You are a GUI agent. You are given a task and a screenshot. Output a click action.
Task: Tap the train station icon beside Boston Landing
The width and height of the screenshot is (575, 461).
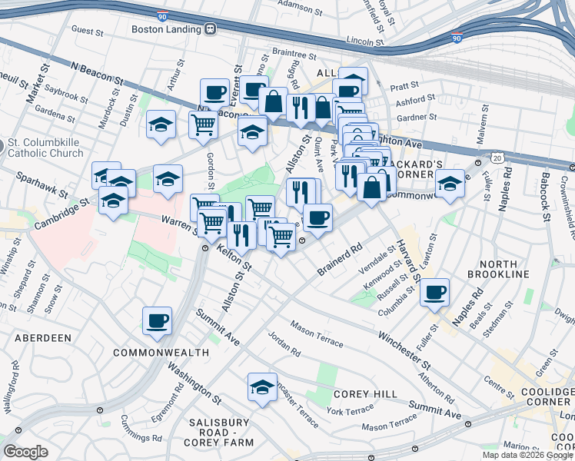[x=210, y=29]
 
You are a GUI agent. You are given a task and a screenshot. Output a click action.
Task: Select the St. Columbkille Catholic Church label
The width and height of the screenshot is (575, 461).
[x=45, y=148]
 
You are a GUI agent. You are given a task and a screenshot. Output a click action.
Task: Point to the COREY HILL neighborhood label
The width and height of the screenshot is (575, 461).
[x=365, y=394]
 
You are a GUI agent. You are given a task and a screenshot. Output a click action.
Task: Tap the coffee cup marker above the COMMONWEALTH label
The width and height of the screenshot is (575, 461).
[x=157, y=320]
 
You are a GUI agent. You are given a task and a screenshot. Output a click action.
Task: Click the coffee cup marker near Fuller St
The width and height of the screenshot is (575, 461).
[x=435, y=292]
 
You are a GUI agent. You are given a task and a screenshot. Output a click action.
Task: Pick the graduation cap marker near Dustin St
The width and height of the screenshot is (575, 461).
[x=161, y=127]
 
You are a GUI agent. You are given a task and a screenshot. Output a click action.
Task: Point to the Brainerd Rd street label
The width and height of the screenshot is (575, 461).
[x=339, y=261]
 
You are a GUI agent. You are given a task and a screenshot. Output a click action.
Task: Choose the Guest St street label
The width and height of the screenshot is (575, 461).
[x=87, y=32]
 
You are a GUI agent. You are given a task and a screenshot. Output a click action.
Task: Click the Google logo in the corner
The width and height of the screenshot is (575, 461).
[x=25, y=452]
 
